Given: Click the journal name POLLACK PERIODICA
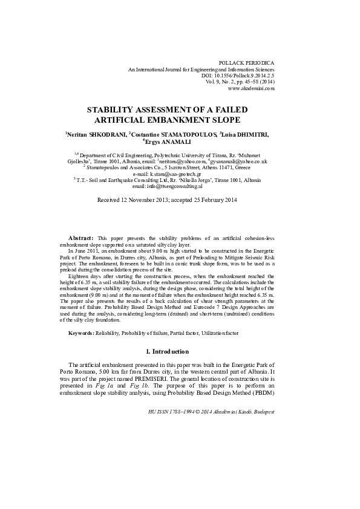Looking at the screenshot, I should pos(249,63).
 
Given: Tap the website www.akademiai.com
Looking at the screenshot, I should pos(251,88).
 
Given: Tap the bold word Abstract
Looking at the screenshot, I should pos(80,239).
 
